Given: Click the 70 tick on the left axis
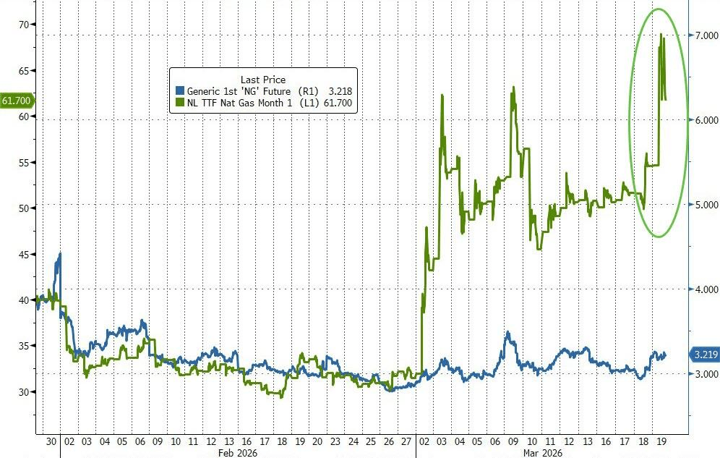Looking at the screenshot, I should tap(24, 25).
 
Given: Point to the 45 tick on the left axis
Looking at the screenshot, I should tap(24, 254).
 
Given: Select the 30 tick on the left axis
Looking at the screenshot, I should tap(24, 392).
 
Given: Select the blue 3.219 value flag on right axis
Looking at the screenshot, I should tap(702, 355).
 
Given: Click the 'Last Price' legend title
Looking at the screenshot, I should tap(263, 79).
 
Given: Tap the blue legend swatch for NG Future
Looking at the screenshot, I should tap(181, 91).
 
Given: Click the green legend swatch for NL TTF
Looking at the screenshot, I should tap(181, 104).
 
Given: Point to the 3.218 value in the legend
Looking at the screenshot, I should tap(339, 91).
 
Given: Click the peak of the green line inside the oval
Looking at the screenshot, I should tap(660, 34).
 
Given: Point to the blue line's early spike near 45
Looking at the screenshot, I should tap(59, 254).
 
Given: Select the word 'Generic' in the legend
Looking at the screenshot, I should tap(205, 91).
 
